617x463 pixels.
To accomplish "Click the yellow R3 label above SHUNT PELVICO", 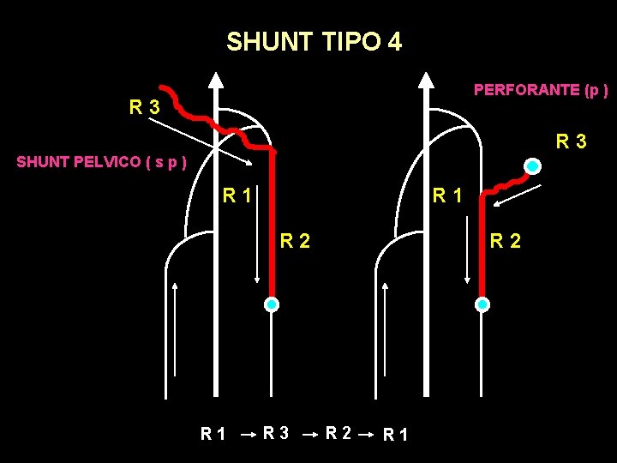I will [144, 108].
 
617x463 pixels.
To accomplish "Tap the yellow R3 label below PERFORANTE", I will [571, 141].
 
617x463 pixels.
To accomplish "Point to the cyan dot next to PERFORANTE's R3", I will [533, 165].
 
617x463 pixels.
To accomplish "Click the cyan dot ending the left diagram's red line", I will [271, 304].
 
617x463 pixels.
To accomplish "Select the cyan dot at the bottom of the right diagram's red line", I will [482, 304].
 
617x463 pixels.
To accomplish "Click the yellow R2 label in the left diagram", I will [295, 242].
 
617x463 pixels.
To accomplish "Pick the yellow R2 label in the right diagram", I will [505, 242].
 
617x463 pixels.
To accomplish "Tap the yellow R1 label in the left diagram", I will [237, 195].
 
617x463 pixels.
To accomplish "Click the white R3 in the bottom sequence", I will [276, 434].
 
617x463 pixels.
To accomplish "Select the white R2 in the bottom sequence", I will [339, 434].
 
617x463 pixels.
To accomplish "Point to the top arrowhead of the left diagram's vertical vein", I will [216, 81].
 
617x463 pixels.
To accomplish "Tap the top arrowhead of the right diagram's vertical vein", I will [426, 81].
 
